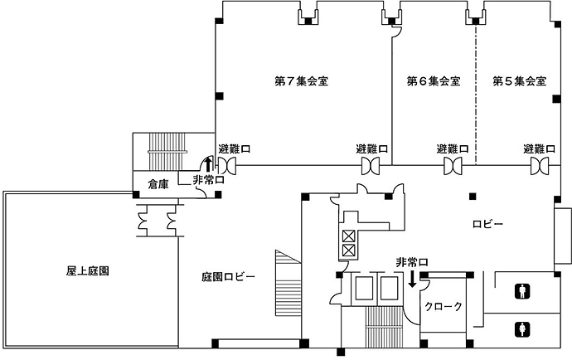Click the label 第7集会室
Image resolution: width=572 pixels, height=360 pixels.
[x=302, y=81]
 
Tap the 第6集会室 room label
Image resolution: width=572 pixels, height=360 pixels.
[x=434, y=81]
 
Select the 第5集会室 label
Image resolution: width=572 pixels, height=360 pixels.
[x=519, y=81]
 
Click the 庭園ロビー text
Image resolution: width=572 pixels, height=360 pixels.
[x=228, y=276]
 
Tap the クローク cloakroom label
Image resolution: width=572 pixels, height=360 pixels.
[x=443, y=306]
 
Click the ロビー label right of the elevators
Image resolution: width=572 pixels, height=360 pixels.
[x=489, y=224]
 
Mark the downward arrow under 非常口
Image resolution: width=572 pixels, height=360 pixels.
[x=412, y=280]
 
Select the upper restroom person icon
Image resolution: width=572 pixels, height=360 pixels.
[x=522, y=290]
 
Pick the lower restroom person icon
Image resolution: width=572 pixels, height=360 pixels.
[x=522, y=328]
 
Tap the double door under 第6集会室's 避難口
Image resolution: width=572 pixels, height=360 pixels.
[x=453, y=167]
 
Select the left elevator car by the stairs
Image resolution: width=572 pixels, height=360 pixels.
[x=363, y=289]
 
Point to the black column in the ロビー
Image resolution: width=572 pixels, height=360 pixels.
[x=472, y=197]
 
